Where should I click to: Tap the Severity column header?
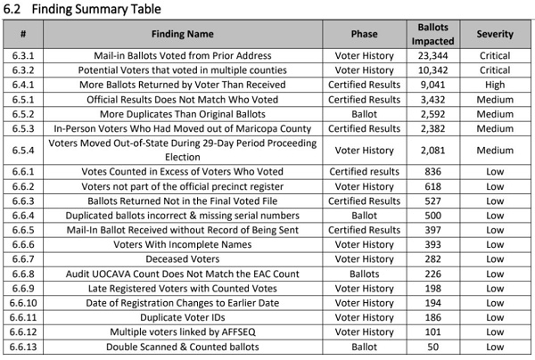494,35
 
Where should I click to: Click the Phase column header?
364,35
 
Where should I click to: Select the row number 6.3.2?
24,69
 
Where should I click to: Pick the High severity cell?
494,83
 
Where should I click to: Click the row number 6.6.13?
24,345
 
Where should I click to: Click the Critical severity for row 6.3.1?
494,54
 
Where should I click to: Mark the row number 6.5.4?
24,151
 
